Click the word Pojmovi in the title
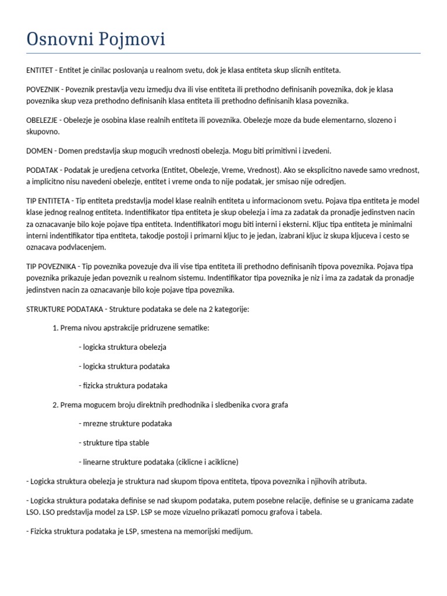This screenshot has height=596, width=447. (134, 40)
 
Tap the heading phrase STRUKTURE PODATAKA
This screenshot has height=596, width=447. (63, 309)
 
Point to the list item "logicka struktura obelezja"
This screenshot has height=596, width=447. (125, 347)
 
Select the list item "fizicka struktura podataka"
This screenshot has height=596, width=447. (125, 385)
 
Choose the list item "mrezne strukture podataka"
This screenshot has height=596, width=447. (127, 424)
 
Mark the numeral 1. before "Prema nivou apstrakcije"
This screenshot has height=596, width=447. (56, 328)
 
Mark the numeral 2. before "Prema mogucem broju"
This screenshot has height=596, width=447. (56, 405)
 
